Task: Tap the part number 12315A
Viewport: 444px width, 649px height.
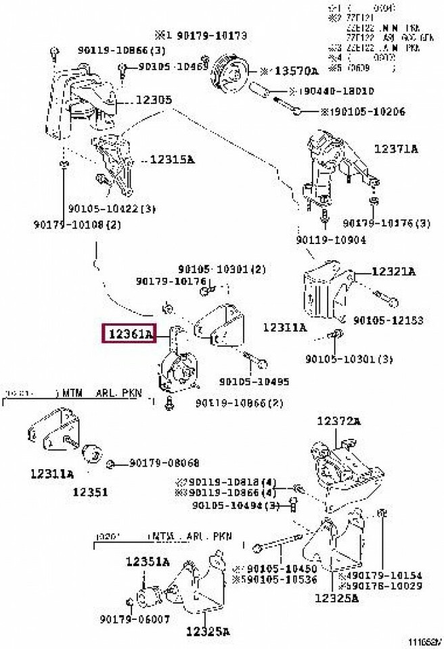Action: point(172,160)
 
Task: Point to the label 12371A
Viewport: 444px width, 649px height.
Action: point(396,148)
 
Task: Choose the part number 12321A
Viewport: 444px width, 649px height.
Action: point(393,272)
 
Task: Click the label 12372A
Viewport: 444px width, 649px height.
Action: point(338,421)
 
